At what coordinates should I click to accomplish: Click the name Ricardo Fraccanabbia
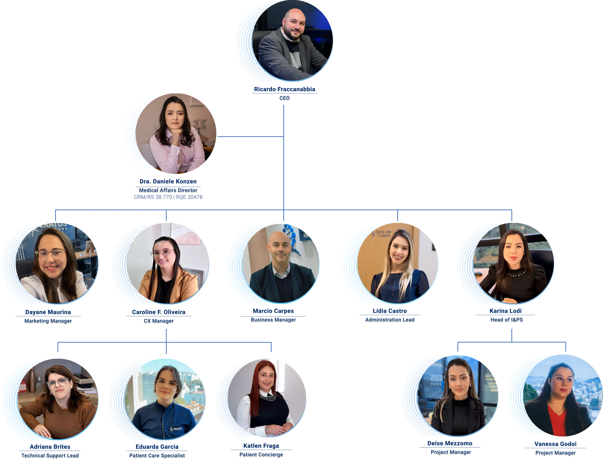284,89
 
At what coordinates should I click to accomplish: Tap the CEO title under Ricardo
284,98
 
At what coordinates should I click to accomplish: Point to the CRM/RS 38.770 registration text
153,197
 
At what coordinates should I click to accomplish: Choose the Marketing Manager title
48,321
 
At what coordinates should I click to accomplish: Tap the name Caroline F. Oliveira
159,312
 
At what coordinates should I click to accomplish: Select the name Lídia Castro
389,311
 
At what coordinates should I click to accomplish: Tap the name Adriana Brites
50,447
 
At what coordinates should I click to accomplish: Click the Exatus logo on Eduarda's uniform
176,429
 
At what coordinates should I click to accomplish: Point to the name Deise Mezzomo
450,443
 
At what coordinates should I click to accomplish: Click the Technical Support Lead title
50,455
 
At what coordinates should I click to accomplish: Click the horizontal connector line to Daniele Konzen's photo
250,136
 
